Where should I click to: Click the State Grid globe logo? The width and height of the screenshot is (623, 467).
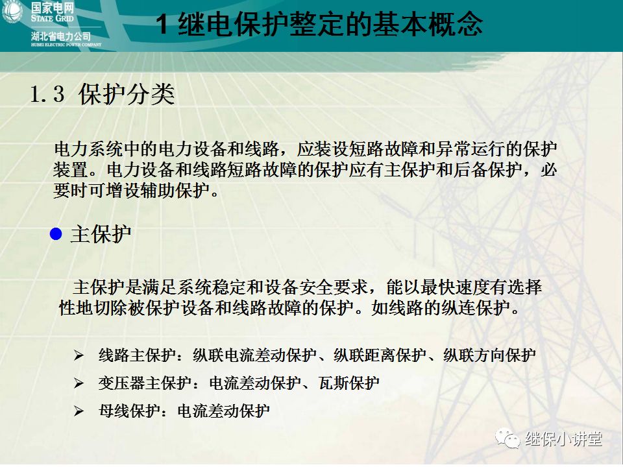click(12, 13)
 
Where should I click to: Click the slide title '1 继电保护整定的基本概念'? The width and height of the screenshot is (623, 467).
click(321, 25)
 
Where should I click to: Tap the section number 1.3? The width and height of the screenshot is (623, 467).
click(47, 95)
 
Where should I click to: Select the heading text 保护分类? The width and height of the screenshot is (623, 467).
click(127, 95)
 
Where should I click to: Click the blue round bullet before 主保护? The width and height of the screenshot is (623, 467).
click(56, 233)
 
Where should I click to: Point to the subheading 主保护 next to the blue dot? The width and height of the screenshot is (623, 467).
click(101, 234)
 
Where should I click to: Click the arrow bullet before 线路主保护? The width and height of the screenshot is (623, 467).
click(79, 355)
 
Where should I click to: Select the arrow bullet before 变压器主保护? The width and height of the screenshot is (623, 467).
click(79, 383)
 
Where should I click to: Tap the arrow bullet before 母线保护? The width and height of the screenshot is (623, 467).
click(79, 411)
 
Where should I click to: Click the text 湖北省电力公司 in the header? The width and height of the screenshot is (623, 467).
click(61, 36)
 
